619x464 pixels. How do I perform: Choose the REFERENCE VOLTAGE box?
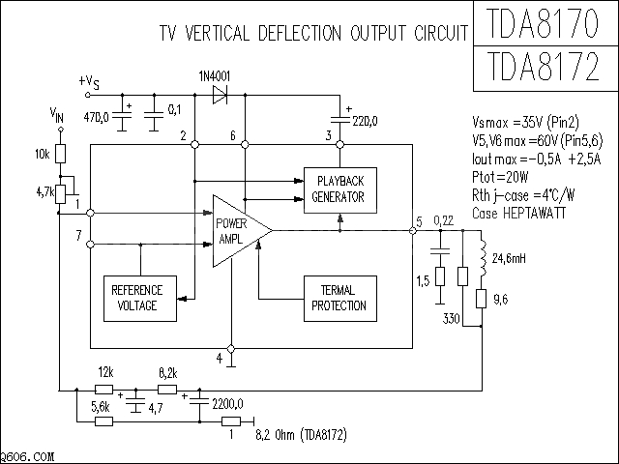click(x=137, y=298)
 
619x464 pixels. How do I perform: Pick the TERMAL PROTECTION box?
click(x=339, y=298)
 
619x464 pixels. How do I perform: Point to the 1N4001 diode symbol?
click(x=218, y=94)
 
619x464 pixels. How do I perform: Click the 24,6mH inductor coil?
click(x=481, y=259)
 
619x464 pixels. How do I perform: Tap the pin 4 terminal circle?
click(x=231, y=348)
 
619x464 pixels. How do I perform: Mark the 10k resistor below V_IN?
click(x=60, y=154)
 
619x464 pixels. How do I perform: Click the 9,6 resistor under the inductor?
click(x=481, y=299)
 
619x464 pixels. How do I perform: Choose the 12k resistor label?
click(x=105, y=372)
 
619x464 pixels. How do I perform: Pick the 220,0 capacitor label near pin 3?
click(x=365, y=121)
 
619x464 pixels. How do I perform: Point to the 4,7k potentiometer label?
click(x=44, y=192)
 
